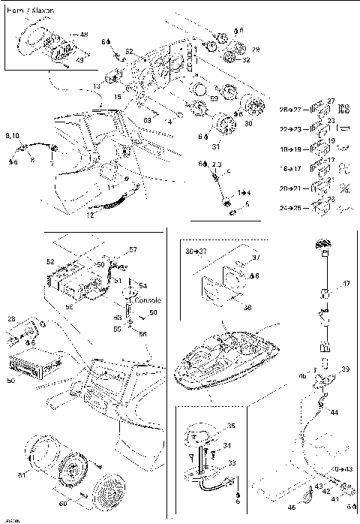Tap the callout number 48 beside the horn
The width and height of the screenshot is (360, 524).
click(83, 35)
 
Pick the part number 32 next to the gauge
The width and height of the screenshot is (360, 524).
click(246, 60)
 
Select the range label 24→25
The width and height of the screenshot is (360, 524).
click(289, 207)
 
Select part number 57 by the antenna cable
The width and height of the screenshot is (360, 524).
click(133, 249)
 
